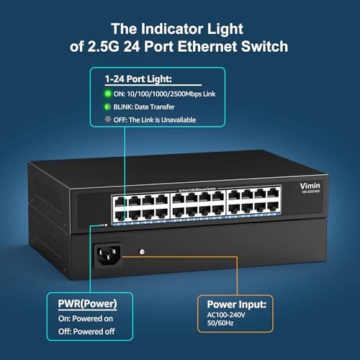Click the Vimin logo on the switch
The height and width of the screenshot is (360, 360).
pos(310,184)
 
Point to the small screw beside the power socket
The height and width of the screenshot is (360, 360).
pos(143,252)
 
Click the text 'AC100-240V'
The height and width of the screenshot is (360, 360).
pos(229,318)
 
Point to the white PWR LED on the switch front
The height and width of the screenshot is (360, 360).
pos(107,224)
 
